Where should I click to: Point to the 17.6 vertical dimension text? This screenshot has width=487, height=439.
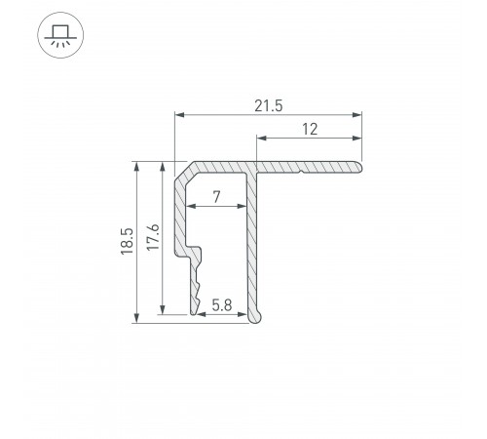[x=152, y=239]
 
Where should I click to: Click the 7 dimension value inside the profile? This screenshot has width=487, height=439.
[x=216, y=198]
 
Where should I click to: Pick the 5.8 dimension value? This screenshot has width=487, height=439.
[x=221, y=305]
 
